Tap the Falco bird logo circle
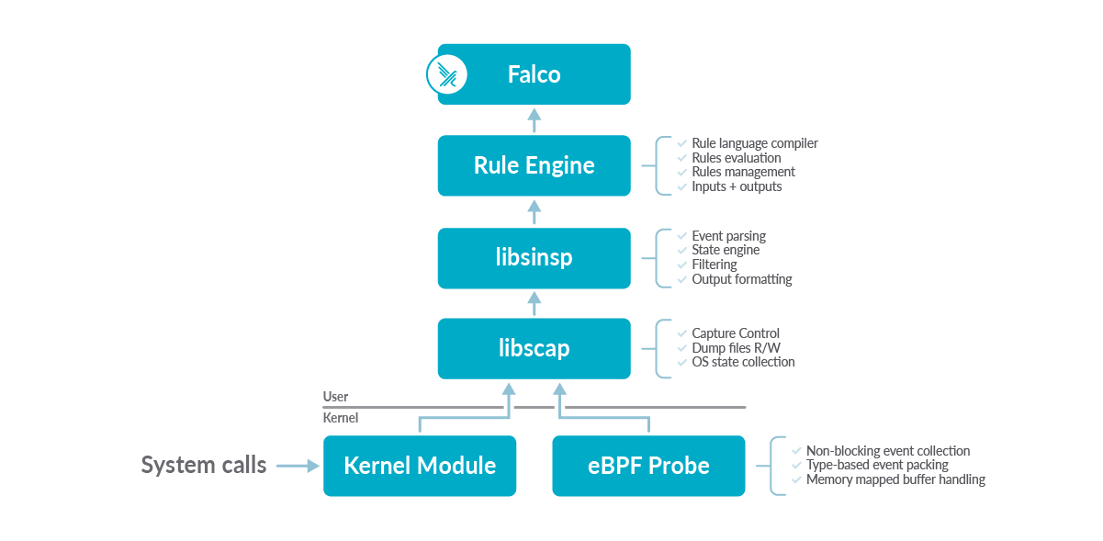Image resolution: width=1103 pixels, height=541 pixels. tap(447, 74)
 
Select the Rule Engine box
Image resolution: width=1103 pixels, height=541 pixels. tap(534, 165)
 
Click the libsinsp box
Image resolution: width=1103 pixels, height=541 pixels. tap(534, 257)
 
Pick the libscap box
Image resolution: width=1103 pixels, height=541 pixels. tap(534, 348)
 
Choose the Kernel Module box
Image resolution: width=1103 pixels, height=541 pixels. tap(420, 466)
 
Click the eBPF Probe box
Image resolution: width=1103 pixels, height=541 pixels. tap(648, 466)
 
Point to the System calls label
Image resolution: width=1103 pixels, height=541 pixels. tap(204, 465)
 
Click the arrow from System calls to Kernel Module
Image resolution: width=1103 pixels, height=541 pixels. tap(297, 467)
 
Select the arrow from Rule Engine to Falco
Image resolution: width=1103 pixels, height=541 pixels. tap(534, 119)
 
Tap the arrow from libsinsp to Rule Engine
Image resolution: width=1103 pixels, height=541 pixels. tap(534, 211)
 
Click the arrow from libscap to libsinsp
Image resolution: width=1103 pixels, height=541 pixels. tap(534, 302)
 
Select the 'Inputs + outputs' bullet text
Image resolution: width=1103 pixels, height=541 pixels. tap(737, 186)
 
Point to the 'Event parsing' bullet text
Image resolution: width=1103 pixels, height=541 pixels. tap(728, 236)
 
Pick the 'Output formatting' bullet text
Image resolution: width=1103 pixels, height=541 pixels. tap(741, 278)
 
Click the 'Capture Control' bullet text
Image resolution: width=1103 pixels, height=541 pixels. tap(736, 333)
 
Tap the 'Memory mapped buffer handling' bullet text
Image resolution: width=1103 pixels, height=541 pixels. tap(895, 479)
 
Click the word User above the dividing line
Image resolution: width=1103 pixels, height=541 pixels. tap(335, 397)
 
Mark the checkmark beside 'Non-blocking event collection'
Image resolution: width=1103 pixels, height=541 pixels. tap(797, 451)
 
